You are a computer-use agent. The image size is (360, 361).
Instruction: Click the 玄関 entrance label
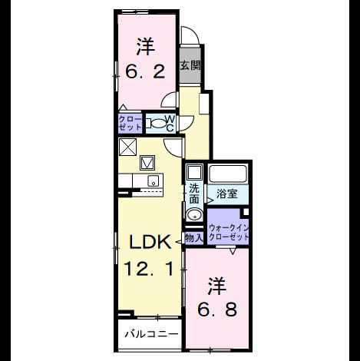[x=190, y=66]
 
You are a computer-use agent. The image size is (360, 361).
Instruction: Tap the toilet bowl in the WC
[x=157, y=124]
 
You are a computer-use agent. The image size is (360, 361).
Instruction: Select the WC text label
[x=170, y=124]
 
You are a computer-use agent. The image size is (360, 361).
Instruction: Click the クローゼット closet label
[x=130, y=123]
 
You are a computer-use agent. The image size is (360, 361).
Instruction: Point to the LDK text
[x=150, y=242]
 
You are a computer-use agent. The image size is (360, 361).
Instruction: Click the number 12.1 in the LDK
[x=149, y=269]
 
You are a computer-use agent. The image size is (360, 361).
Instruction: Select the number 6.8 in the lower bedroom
[x=217, y=310]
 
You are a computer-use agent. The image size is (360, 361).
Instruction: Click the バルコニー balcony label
[x=151, y=334]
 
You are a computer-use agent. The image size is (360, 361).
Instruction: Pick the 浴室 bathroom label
[x=226, y=194]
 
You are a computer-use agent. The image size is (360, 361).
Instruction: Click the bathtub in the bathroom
[x=228, y=174]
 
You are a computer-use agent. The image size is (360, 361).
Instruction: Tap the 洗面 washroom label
[x=194, y=194]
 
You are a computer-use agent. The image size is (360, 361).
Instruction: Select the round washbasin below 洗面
[x=194, y=215]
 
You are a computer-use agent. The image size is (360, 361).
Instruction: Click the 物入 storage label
[x=193, y=238]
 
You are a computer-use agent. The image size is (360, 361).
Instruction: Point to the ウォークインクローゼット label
[x=229, y=232]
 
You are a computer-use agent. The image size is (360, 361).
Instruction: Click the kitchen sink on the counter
[x=154, y=181]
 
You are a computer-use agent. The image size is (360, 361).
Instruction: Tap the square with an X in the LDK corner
[x=127, y=147]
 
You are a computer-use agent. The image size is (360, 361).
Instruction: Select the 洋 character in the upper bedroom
[x=145, y=47]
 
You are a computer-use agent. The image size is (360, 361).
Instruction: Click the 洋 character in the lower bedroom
[x=217, y=286]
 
